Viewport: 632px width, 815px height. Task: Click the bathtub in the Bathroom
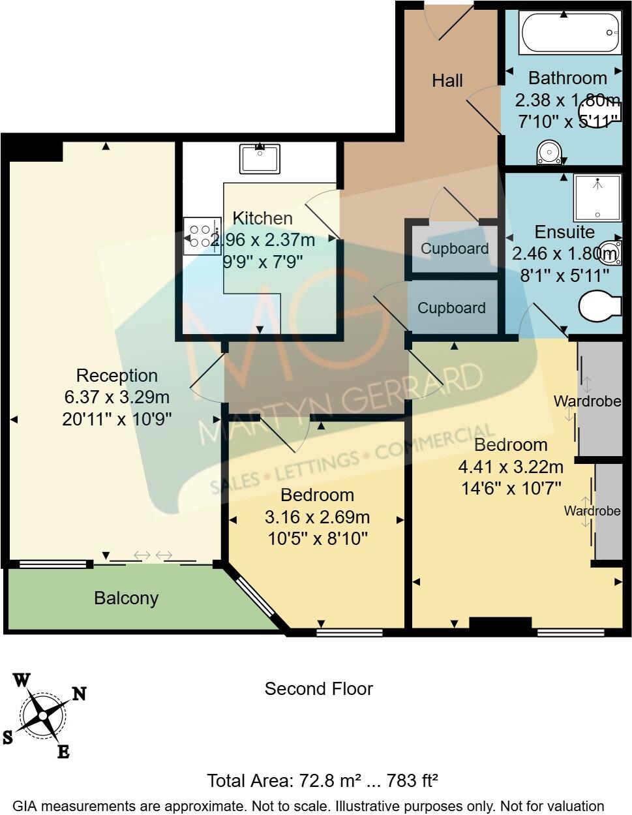pos(570,33)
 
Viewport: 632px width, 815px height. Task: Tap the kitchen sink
pos(260,159)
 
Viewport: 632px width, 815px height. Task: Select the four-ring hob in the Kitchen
pos(202,236)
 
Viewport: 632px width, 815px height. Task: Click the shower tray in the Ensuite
pos(597,198)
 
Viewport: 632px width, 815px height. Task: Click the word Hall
pos(447,81)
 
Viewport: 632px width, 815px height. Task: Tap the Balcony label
pos(127,598)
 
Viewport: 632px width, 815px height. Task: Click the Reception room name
pos(117,375)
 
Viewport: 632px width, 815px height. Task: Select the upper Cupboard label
pos(455,249)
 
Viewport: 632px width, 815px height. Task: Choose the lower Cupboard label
pos(452,308)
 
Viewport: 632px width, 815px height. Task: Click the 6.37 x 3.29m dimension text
pos(117,397)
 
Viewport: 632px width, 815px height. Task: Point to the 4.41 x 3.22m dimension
pos(511,467)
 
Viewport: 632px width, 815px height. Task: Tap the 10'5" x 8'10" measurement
pos(318,539)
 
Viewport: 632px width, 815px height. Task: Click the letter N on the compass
pos(79,694)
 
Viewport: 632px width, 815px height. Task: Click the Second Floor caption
pos(319,689)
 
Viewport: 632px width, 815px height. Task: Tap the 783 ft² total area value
pos(412,781)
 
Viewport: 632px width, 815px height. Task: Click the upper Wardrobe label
pos(588,401)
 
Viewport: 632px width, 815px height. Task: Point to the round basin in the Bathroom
pos(549,152)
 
